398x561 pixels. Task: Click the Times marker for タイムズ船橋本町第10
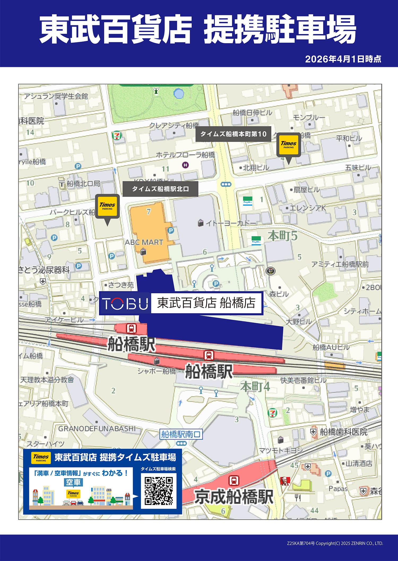pyautogui.click(x=289, y=145)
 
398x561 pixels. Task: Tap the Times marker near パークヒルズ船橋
pyautogui.click(x=107, y=206)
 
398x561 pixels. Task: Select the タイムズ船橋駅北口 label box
pyautogui.click(x=160, y=189)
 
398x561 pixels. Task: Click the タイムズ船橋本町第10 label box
pyautogui.click(x=233, y=134)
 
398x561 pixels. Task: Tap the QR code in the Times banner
pyautogui.click(x=159, y=491)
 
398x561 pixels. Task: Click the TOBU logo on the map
pyautogui.click(x=125, y=303)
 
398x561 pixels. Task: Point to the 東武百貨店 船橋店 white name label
pyautogui.click(x=206, y=303)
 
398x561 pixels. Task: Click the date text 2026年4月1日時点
pyautogui.click(x=343, y=59)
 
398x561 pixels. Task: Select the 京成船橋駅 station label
pyautogui.click(x=234, y=497)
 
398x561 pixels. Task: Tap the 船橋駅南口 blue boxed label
pyautogui.click(x=181, y=434)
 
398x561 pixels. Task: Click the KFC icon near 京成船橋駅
pyautogui.click(x=285, y=481)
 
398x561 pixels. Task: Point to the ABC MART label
pyautogui.click(x=144, y=242)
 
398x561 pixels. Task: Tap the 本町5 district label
pyautogui.click(x=282, y=236)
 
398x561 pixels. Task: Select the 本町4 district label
pyautogui.click(x=255, y=387)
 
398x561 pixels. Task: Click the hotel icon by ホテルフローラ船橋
pyautogui.click(x=185, y=165)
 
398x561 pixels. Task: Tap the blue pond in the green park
pyautogui.click(x=179, y=94)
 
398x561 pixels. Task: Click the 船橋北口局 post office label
pyautogui.click(x=83, y=183)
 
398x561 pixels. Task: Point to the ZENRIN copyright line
pyautogui.click(x=335, y=543)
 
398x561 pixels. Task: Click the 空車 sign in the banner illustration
pyautogui.click(x=73, y=482)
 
